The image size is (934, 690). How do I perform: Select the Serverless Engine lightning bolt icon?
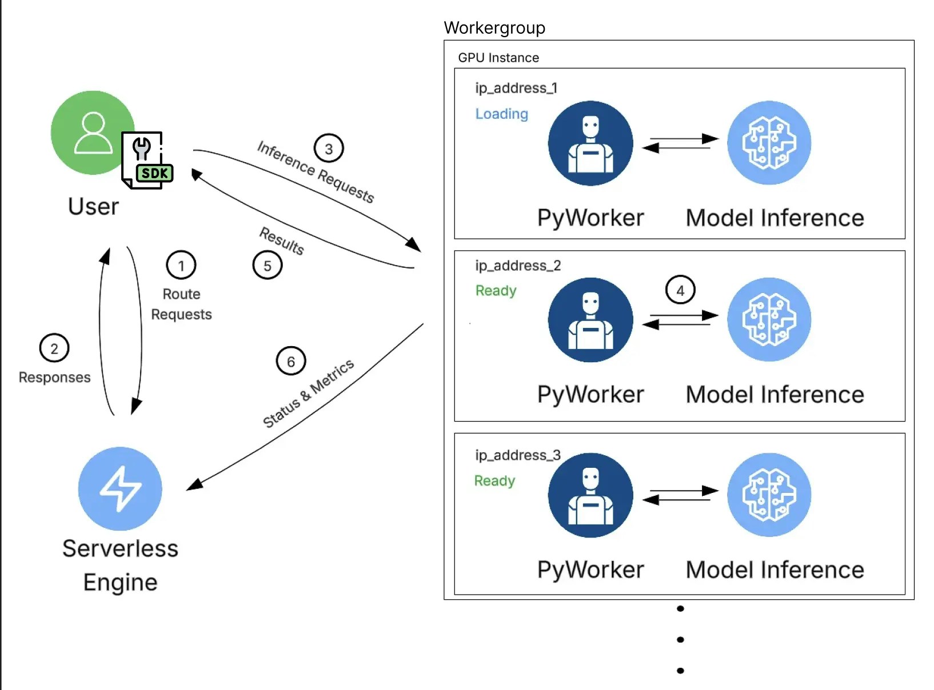click(x=120, y=489)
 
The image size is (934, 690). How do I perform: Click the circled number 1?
click(x=181, y=266)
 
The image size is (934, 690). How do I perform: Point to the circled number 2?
click(x=54, y=348)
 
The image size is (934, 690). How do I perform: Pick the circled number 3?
click(x=329, y=149)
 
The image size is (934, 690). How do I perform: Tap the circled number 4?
click(x=680, y=290)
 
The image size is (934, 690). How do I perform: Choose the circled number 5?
click(x=268, y=266)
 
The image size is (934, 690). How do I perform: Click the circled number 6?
click(x=291, y=362)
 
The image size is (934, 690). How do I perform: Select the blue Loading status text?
click(x=502, y=114)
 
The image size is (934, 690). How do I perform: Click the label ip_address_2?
click(x=518, y=266)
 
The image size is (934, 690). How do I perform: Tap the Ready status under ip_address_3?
click(x=494, y=481)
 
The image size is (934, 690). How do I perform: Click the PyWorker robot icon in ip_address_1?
click(x=590, y=143)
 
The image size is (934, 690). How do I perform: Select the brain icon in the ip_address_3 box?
click(x=769, y=495)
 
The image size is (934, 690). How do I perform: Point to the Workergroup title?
click(x=494, y=27)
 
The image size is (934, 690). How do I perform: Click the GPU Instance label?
click(x=498, y=58)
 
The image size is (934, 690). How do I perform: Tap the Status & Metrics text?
click(x=308, y=394)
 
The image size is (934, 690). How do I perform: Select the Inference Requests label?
click(x=316, y=172)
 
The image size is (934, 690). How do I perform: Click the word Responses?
click(x=54, y=378)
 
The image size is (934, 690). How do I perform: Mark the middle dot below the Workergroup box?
click(x=680, y=640)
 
